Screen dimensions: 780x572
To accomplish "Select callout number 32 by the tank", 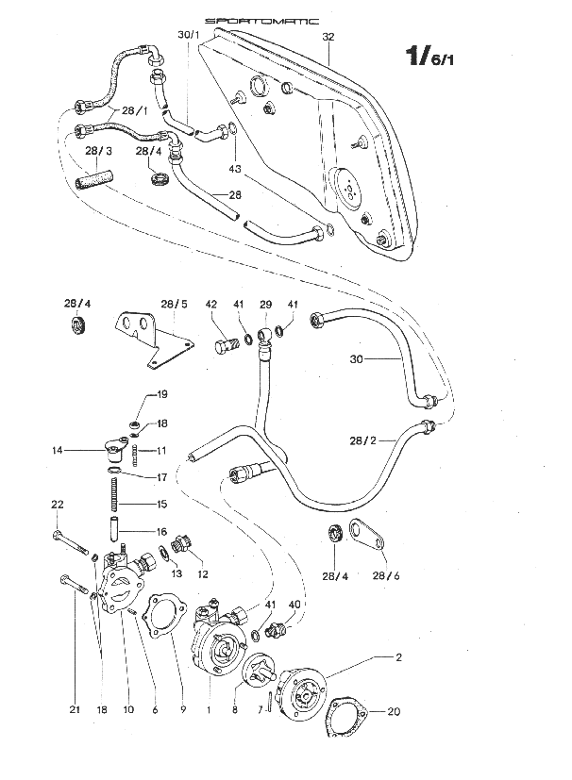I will coord(328,37).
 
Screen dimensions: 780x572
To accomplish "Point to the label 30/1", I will coord(189,36).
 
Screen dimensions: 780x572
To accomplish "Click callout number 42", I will coord(211,305).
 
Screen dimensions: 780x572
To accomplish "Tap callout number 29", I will coord(265,305).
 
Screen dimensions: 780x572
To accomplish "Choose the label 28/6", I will coord(384,575).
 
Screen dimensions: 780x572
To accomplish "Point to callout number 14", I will coord(59,451).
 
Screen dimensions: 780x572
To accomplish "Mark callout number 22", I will coord(56,505).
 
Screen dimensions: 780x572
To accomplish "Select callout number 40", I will coord(294,605).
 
